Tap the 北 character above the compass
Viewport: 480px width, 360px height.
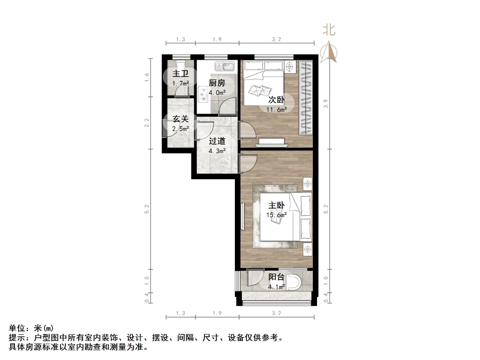[329, 30]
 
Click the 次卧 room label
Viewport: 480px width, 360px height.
[276, 100]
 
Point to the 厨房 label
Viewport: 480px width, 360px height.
[217, 83]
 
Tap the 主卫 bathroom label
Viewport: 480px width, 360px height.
[181, 74]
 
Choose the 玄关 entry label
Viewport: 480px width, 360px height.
[181, 119]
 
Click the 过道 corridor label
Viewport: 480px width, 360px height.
[217, 141]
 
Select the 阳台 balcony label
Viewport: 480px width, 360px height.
[276, 277]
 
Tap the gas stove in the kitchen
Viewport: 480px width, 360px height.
[203, 94]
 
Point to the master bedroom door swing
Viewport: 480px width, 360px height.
[247, 163]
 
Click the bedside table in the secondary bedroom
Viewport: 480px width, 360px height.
[290, 67]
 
